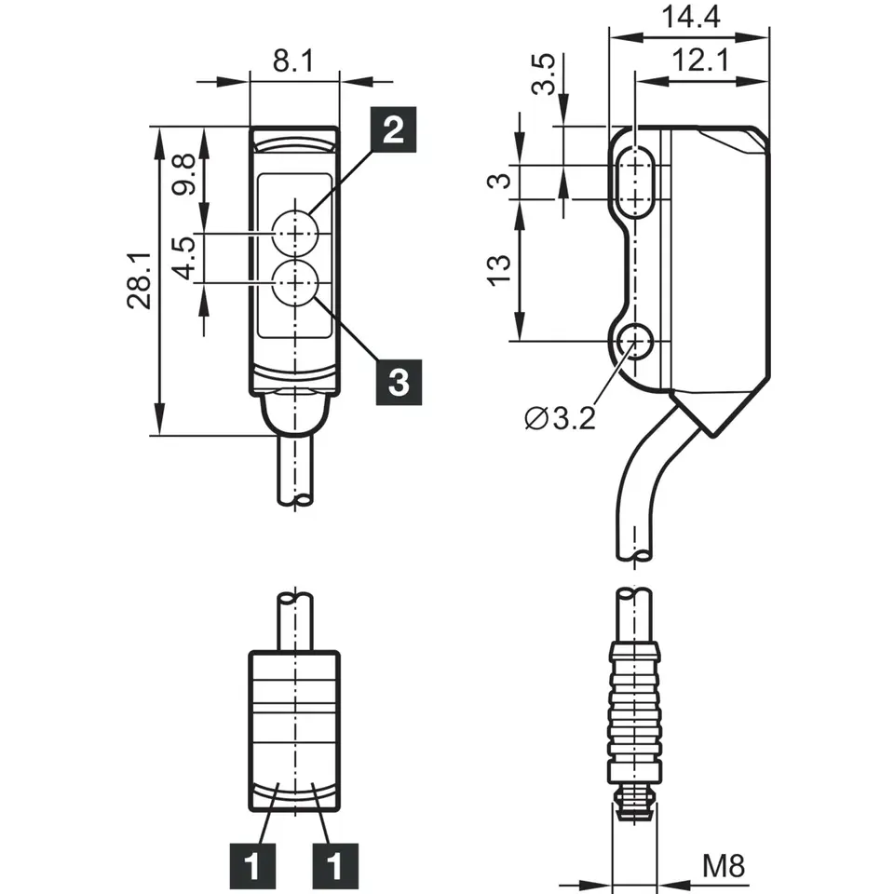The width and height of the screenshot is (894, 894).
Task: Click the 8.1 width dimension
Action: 293,62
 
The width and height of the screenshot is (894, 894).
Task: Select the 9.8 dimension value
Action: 183,175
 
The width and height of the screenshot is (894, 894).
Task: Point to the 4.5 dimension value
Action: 183,258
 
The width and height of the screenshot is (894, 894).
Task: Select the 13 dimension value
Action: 500,269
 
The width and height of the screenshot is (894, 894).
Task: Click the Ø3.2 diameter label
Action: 559,418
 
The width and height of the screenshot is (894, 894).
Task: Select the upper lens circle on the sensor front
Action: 295,229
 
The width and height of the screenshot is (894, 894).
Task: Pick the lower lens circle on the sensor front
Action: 295,279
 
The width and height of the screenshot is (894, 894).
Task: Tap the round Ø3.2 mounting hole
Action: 637,342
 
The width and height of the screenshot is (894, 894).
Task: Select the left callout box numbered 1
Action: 251,866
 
